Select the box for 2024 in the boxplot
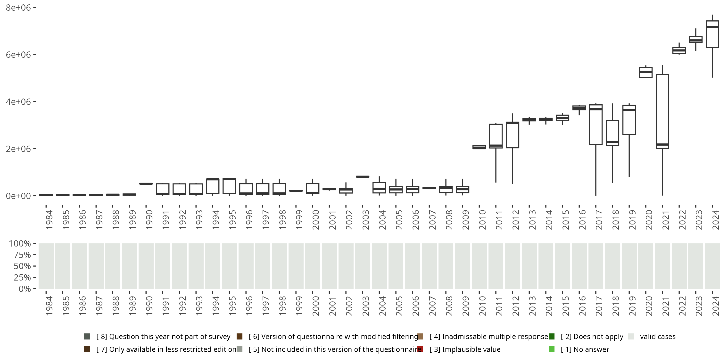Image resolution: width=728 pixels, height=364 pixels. tap(712, 34)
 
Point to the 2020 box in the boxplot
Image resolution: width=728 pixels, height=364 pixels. tap(645, 72)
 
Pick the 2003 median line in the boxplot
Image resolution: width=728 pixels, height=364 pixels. tap(363, 177)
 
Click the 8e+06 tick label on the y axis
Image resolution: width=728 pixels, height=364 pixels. tap(18, 8)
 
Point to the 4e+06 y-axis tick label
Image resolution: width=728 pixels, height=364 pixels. tap(18, 102)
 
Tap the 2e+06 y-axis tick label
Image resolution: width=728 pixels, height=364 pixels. tap(18, 149)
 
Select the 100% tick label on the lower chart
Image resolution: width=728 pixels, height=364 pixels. tap(20, 244)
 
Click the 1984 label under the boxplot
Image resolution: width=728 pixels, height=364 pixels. tap(49, 220)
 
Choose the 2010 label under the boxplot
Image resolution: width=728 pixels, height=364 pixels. tap(482, 220)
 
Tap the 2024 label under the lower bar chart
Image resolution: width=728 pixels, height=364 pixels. tap(715, 306)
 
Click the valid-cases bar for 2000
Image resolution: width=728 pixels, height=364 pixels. tap(312, 266)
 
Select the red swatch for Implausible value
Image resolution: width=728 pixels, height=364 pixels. tap(420, 349)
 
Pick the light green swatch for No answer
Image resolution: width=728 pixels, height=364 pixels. tap(551, 349)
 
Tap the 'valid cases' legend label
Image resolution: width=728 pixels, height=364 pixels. tap(658, 337)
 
